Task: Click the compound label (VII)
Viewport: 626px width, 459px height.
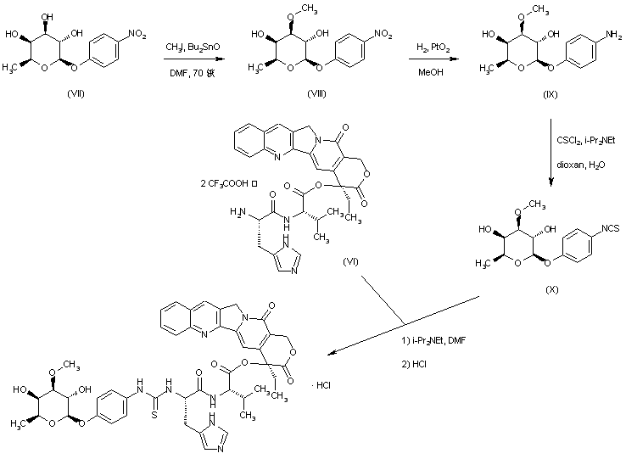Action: pos(75,93)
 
